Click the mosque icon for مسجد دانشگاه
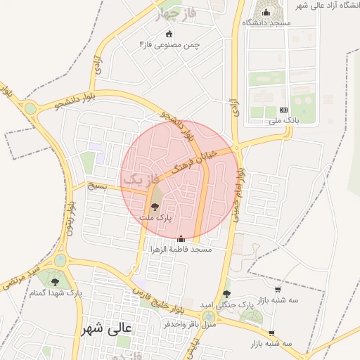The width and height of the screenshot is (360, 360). pos(266,13)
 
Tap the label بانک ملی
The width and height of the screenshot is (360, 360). pos(284,120)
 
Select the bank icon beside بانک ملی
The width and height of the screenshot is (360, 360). pos(283,110)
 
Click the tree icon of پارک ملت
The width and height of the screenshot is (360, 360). pos(155,207)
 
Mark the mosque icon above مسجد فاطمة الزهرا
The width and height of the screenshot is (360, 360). pos(181,239)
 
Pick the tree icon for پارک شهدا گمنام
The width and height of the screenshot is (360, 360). pos(55,282)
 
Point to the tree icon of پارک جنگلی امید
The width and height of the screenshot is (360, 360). pos(226,294)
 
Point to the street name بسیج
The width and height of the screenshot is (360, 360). pos(98,186)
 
